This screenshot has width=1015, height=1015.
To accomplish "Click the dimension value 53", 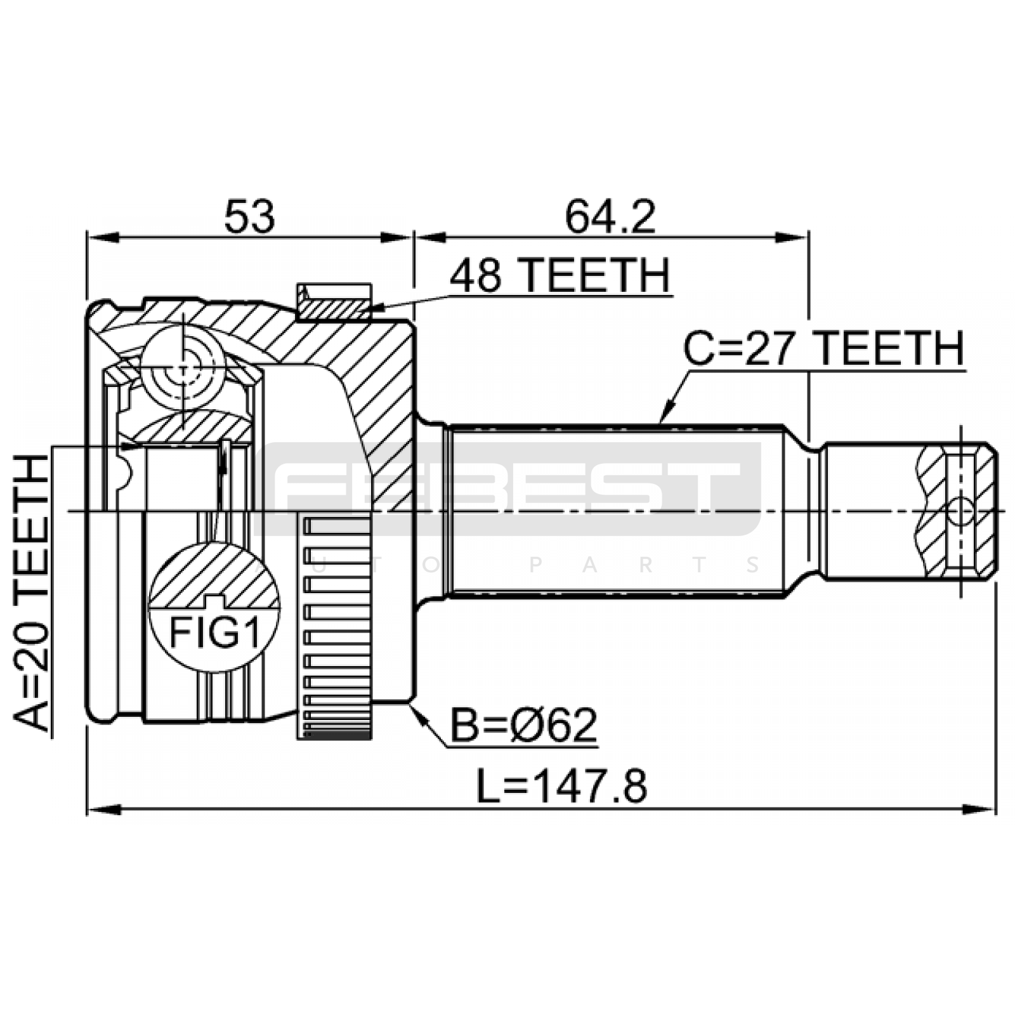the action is [x=249, y=216].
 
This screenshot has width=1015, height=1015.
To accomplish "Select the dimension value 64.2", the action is [x=610, y=216].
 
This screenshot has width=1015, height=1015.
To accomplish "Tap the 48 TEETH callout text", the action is [x=560, y=275].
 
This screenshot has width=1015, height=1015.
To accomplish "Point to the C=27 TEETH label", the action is [x=823, y=348].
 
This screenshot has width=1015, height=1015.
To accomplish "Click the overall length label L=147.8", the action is [x=562, y=786].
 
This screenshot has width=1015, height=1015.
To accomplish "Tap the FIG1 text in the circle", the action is [x=215, y=632].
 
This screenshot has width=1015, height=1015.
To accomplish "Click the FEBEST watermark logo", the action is [x=507, y=488].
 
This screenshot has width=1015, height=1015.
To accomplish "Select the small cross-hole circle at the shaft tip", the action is [x=961, y=511].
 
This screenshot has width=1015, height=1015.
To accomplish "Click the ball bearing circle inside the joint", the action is [x=183, y=367].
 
